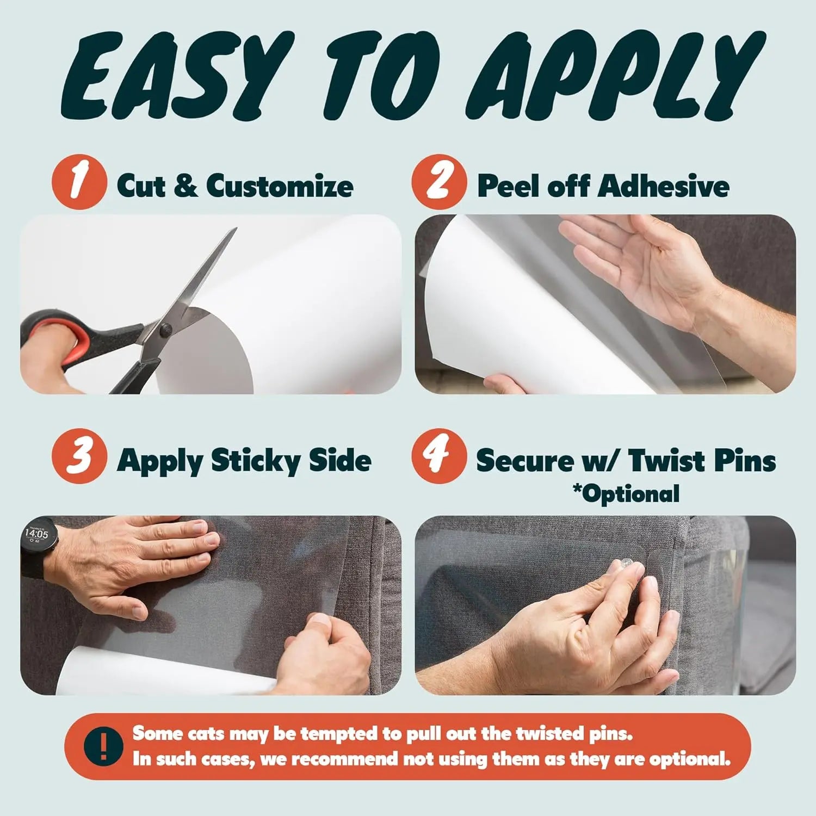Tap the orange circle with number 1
pos(79,181)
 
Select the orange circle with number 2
pos(439,182)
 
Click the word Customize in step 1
pos(280,186)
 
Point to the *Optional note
pos(626,494)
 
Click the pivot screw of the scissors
pos(165,328)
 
